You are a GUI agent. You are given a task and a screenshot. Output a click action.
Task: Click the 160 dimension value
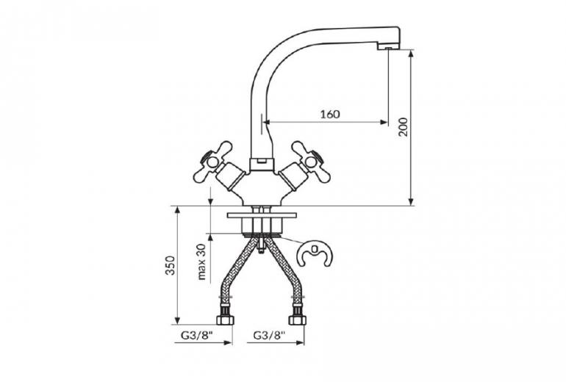[x=330, y=114]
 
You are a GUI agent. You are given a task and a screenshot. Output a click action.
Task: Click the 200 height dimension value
[x=404, y=127]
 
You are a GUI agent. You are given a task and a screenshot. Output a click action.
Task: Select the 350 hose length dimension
[x=170, y=265]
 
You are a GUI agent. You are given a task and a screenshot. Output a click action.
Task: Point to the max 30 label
[x=201, y=262]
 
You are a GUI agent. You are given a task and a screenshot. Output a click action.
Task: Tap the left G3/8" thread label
[x=196, y=336]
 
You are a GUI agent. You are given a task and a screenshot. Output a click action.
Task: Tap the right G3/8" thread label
[x=269, y=336]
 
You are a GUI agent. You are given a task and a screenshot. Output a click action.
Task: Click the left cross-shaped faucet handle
[x=212, y=162]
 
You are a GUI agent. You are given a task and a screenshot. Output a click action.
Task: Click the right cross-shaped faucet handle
[x=311, y=162]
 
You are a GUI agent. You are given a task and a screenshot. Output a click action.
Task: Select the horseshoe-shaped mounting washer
[x=314, y=253]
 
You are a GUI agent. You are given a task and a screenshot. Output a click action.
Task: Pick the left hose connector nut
[x=224, y=320]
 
